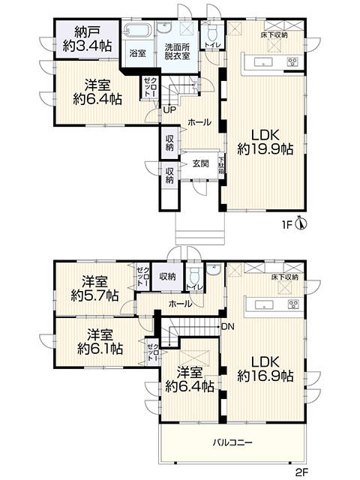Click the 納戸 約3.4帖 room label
click(87, 39)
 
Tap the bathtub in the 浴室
click(138, 30)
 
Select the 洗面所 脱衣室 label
click(177, 52)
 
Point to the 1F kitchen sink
click(263, 62)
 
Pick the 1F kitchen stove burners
click(292, 62)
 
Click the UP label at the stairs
click(169, 110)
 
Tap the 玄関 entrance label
click(200, 163)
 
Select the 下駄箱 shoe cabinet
click(221, 165)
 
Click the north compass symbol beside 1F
click(301, 224)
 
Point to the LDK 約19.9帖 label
click(265, 142)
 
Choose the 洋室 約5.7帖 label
click(94, 288)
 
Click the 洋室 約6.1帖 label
click(100, 342)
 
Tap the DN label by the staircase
click(227, 327)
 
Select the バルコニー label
click(232, 442)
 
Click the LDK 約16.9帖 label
click(265, 369)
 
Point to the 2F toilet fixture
click(193, 276)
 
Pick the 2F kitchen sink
click(264, 304)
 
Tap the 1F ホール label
click(199, 122)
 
